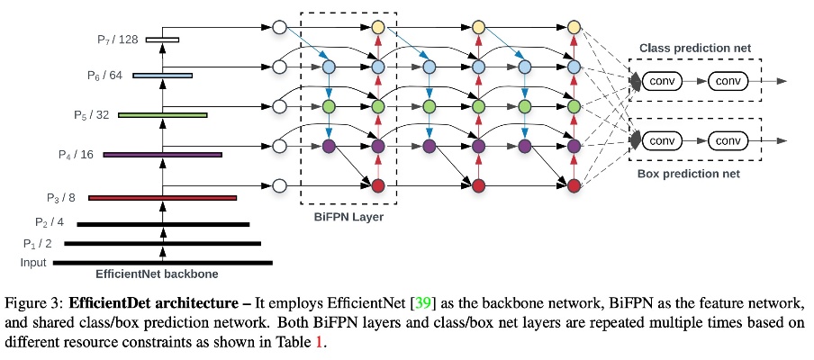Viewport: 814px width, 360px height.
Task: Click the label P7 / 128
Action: pos(117,39)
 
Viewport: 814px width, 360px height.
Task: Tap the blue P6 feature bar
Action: pos(163,76)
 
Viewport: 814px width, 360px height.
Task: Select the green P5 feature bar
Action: pos(163,114)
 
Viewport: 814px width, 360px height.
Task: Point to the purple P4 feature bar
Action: pos(163,155)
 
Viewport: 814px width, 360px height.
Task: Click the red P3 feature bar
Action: pos(163,197)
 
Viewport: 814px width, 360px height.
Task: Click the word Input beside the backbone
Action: pos(33,263)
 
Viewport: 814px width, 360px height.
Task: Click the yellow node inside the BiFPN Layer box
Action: pos(377,28)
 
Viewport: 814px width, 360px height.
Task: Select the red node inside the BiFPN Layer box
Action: pos(377,186)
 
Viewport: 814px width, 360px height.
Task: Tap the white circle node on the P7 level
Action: pos(279,28)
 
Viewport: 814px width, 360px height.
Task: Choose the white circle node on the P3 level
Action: pos(279,186)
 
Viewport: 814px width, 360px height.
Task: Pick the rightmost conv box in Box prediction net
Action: pos(728,140)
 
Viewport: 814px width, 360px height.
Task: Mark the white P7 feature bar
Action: pos(163,39)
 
